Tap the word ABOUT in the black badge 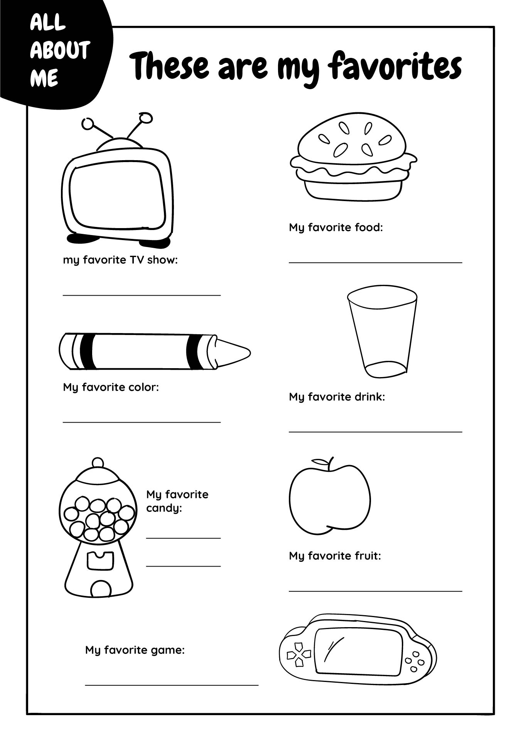60,51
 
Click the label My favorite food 336,227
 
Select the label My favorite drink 337,397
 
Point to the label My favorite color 111,387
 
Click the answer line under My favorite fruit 375,591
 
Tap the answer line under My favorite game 172,685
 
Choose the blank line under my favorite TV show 142,295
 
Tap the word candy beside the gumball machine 164,508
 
